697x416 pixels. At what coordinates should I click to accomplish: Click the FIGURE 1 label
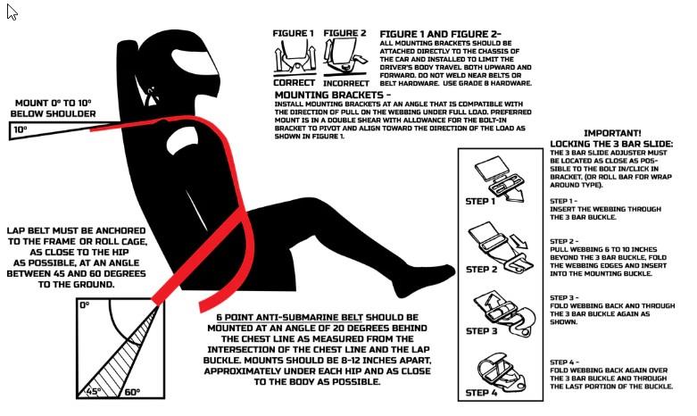[x=293, y=33]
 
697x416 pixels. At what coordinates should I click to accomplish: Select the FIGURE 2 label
[x=345, y=33]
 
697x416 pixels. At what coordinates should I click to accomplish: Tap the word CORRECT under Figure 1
[x=295, y=83]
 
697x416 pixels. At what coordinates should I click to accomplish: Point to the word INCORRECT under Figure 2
[x=346, y=84]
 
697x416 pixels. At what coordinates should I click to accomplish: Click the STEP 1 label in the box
[x=480, y=202]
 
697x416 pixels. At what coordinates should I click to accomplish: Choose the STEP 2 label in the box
[x=481, y=270]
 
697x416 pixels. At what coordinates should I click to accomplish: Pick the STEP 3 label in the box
[x=481, y=331]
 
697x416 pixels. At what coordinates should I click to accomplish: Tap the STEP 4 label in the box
[x=481, y=393]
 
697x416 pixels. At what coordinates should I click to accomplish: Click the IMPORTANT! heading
[x=612, y=133]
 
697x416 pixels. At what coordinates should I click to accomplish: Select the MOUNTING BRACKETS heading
[x=333, y=96]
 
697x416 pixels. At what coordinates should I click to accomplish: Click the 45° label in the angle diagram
[x=94, y=392]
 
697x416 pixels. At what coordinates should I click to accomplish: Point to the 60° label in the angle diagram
[x=132, y=393]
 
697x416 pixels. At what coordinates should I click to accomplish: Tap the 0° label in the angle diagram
[x=85, y=305]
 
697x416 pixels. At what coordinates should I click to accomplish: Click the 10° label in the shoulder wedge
[x=21, y=129]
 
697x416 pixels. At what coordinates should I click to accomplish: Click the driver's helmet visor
[x=195, y=65]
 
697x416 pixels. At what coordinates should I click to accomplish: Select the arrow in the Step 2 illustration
[x=519, y=241]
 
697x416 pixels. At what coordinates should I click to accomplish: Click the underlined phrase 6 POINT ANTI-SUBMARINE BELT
[x=290, y=318]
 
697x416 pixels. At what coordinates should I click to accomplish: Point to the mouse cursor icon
[x=12, y=12]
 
